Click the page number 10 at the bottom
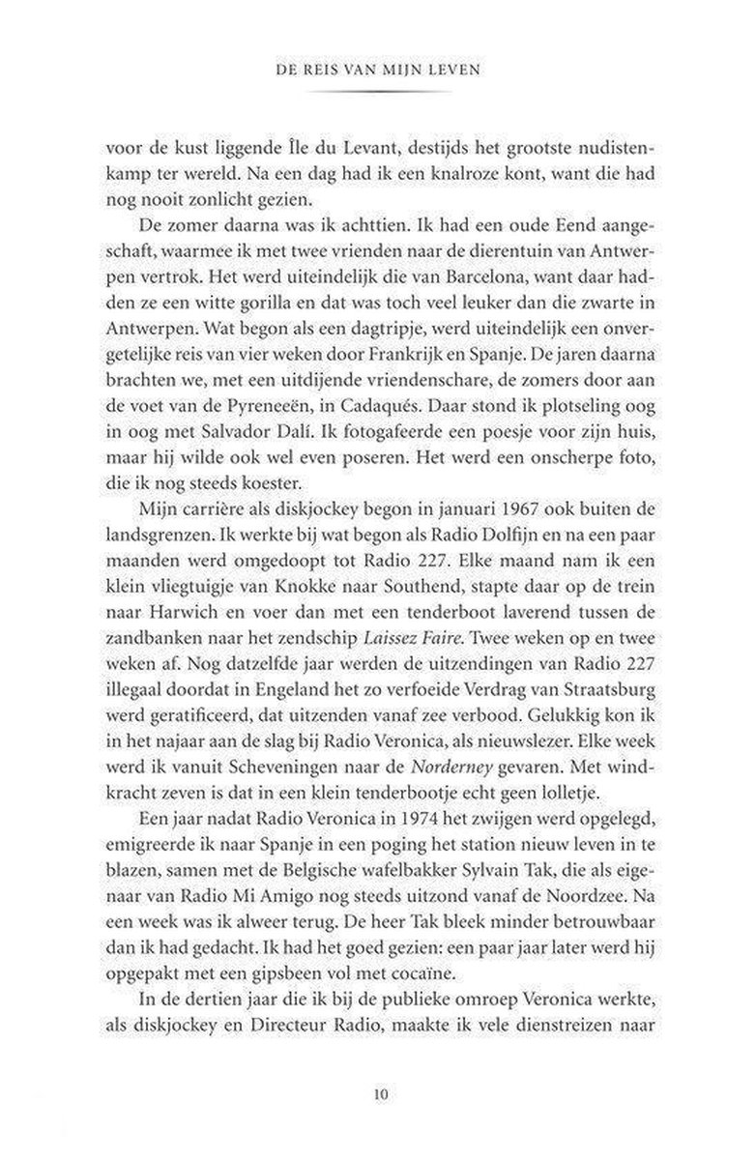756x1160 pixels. coord(379,1095)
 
